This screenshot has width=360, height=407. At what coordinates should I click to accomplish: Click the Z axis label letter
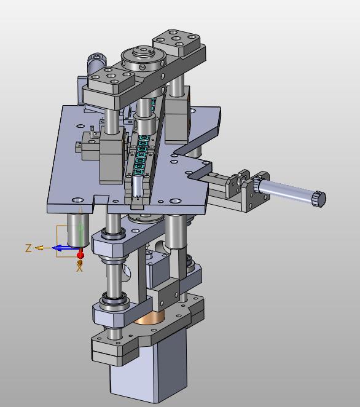28,248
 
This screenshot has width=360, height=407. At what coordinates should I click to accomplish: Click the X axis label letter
79,268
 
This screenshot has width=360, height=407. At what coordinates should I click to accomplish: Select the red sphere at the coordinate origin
80,255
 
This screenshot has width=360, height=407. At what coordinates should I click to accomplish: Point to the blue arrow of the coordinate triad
64,248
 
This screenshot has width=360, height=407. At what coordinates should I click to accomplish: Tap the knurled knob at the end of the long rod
319,199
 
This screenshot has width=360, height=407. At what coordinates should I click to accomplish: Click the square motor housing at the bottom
148,369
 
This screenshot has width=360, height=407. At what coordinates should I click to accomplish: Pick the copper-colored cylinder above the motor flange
150,318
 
